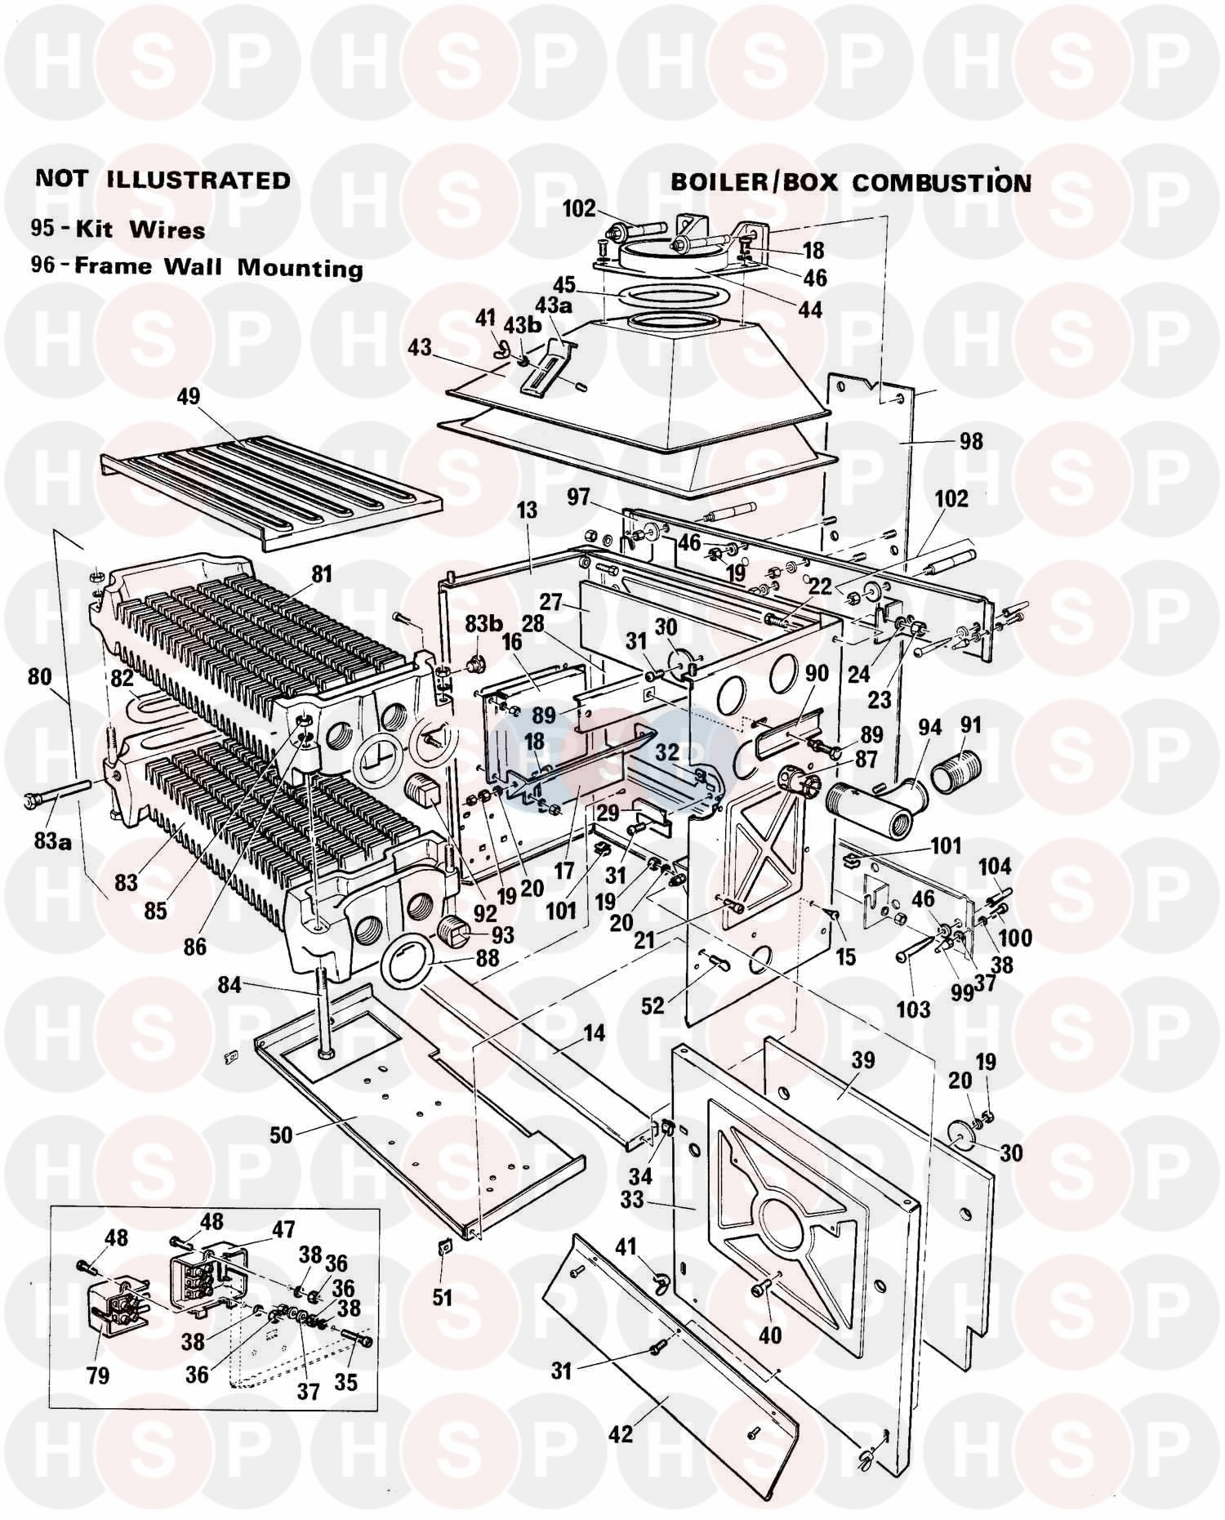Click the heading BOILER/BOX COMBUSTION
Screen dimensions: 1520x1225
850,181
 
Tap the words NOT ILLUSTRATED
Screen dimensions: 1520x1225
163,180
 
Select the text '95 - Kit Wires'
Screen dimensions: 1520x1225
118,230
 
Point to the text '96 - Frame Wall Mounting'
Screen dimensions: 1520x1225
196,267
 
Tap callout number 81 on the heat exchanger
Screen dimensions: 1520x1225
322,574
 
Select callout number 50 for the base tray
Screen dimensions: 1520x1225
280,1135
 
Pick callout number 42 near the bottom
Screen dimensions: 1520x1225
621,1433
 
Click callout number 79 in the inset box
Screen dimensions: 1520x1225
97,1375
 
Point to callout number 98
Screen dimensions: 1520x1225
971,441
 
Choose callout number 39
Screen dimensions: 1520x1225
862,1060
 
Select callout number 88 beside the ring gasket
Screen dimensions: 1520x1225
488,958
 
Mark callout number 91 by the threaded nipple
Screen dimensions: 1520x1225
971,725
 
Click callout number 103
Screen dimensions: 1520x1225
912,1009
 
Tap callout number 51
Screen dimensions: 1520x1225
442,1297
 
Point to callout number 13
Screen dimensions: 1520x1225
528,510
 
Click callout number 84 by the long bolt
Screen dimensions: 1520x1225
229,986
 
